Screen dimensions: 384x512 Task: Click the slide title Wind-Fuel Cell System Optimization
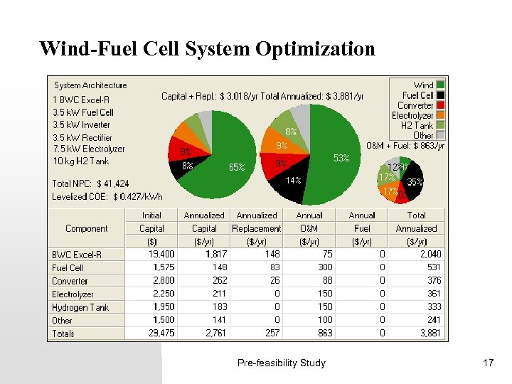pos(207,48)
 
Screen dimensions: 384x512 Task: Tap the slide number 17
pos(488,363)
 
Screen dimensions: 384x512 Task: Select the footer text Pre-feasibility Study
pos(282,363)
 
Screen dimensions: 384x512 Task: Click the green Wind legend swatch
pos(440,85)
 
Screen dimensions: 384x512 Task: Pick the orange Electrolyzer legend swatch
pos(440,115)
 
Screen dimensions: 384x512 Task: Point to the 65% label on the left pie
pos(237,168)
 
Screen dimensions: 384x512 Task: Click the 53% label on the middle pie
pos(341,158)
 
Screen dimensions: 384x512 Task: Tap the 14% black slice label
pos(293,181)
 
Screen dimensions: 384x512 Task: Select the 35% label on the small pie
pos(415,182)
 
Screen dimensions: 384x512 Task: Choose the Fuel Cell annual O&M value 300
pos(324,267)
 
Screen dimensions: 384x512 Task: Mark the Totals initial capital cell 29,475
pos(159,333)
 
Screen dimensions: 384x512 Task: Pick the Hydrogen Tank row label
pos(80,307)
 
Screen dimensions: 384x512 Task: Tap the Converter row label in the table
pos(70,281)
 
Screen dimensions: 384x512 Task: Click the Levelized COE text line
pos(107,196)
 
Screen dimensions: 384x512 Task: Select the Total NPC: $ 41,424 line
pos(90,183)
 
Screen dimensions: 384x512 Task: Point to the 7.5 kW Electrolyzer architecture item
pos(88,149)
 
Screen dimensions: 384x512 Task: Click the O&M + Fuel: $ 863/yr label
pos(405,146)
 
